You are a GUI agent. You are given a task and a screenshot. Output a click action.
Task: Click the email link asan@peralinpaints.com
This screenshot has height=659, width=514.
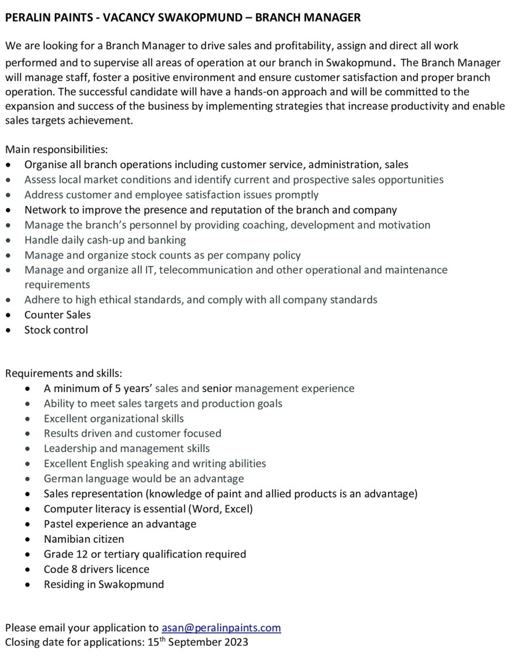coord(221,627)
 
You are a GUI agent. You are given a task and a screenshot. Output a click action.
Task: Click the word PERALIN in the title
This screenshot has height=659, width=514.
coord(27,18)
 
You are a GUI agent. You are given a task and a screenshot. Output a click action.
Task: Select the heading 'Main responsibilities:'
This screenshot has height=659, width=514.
coord(56,150)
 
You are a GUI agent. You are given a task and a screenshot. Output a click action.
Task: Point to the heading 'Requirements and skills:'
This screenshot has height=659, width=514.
coord(64,373)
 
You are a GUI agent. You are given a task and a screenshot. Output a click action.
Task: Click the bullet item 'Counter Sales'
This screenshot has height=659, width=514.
coord(57,314)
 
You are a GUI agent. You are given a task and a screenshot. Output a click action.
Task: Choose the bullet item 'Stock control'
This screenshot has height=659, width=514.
coord(56,329)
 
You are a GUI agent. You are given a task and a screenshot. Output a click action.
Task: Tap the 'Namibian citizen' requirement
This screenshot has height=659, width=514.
coord(84,539)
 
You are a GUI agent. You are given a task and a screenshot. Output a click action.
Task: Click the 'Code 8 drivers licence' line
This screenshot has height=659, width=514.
coord(96,569)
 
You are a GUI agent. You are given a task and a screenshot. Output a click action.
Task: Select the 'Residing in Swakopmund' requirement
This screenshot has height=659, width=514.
coord(104,584)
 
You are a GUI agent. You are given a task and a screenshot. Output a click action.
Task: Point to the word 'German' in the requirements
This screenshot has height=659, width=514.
coord(63,478)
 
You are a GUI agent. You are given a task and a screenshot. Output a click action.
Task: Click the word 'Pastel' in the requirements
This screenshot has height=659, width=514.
coord(59,524)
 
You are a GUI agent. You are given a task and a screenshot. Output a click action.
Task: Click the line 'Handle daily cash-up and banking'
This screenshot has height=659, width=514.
coord(105,240)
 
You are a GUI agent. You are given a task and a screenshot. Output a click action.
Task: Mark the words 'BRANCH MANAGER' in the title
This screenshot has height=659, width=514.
coord(307,18)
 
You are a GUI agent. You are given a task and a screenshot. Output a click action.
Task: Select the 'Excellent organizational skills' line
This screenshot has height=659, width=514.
coord(113,418)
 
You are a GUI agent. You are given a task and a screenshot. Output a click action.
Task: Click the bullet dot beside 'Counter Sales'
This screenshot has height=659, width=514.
coord(9,315)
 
